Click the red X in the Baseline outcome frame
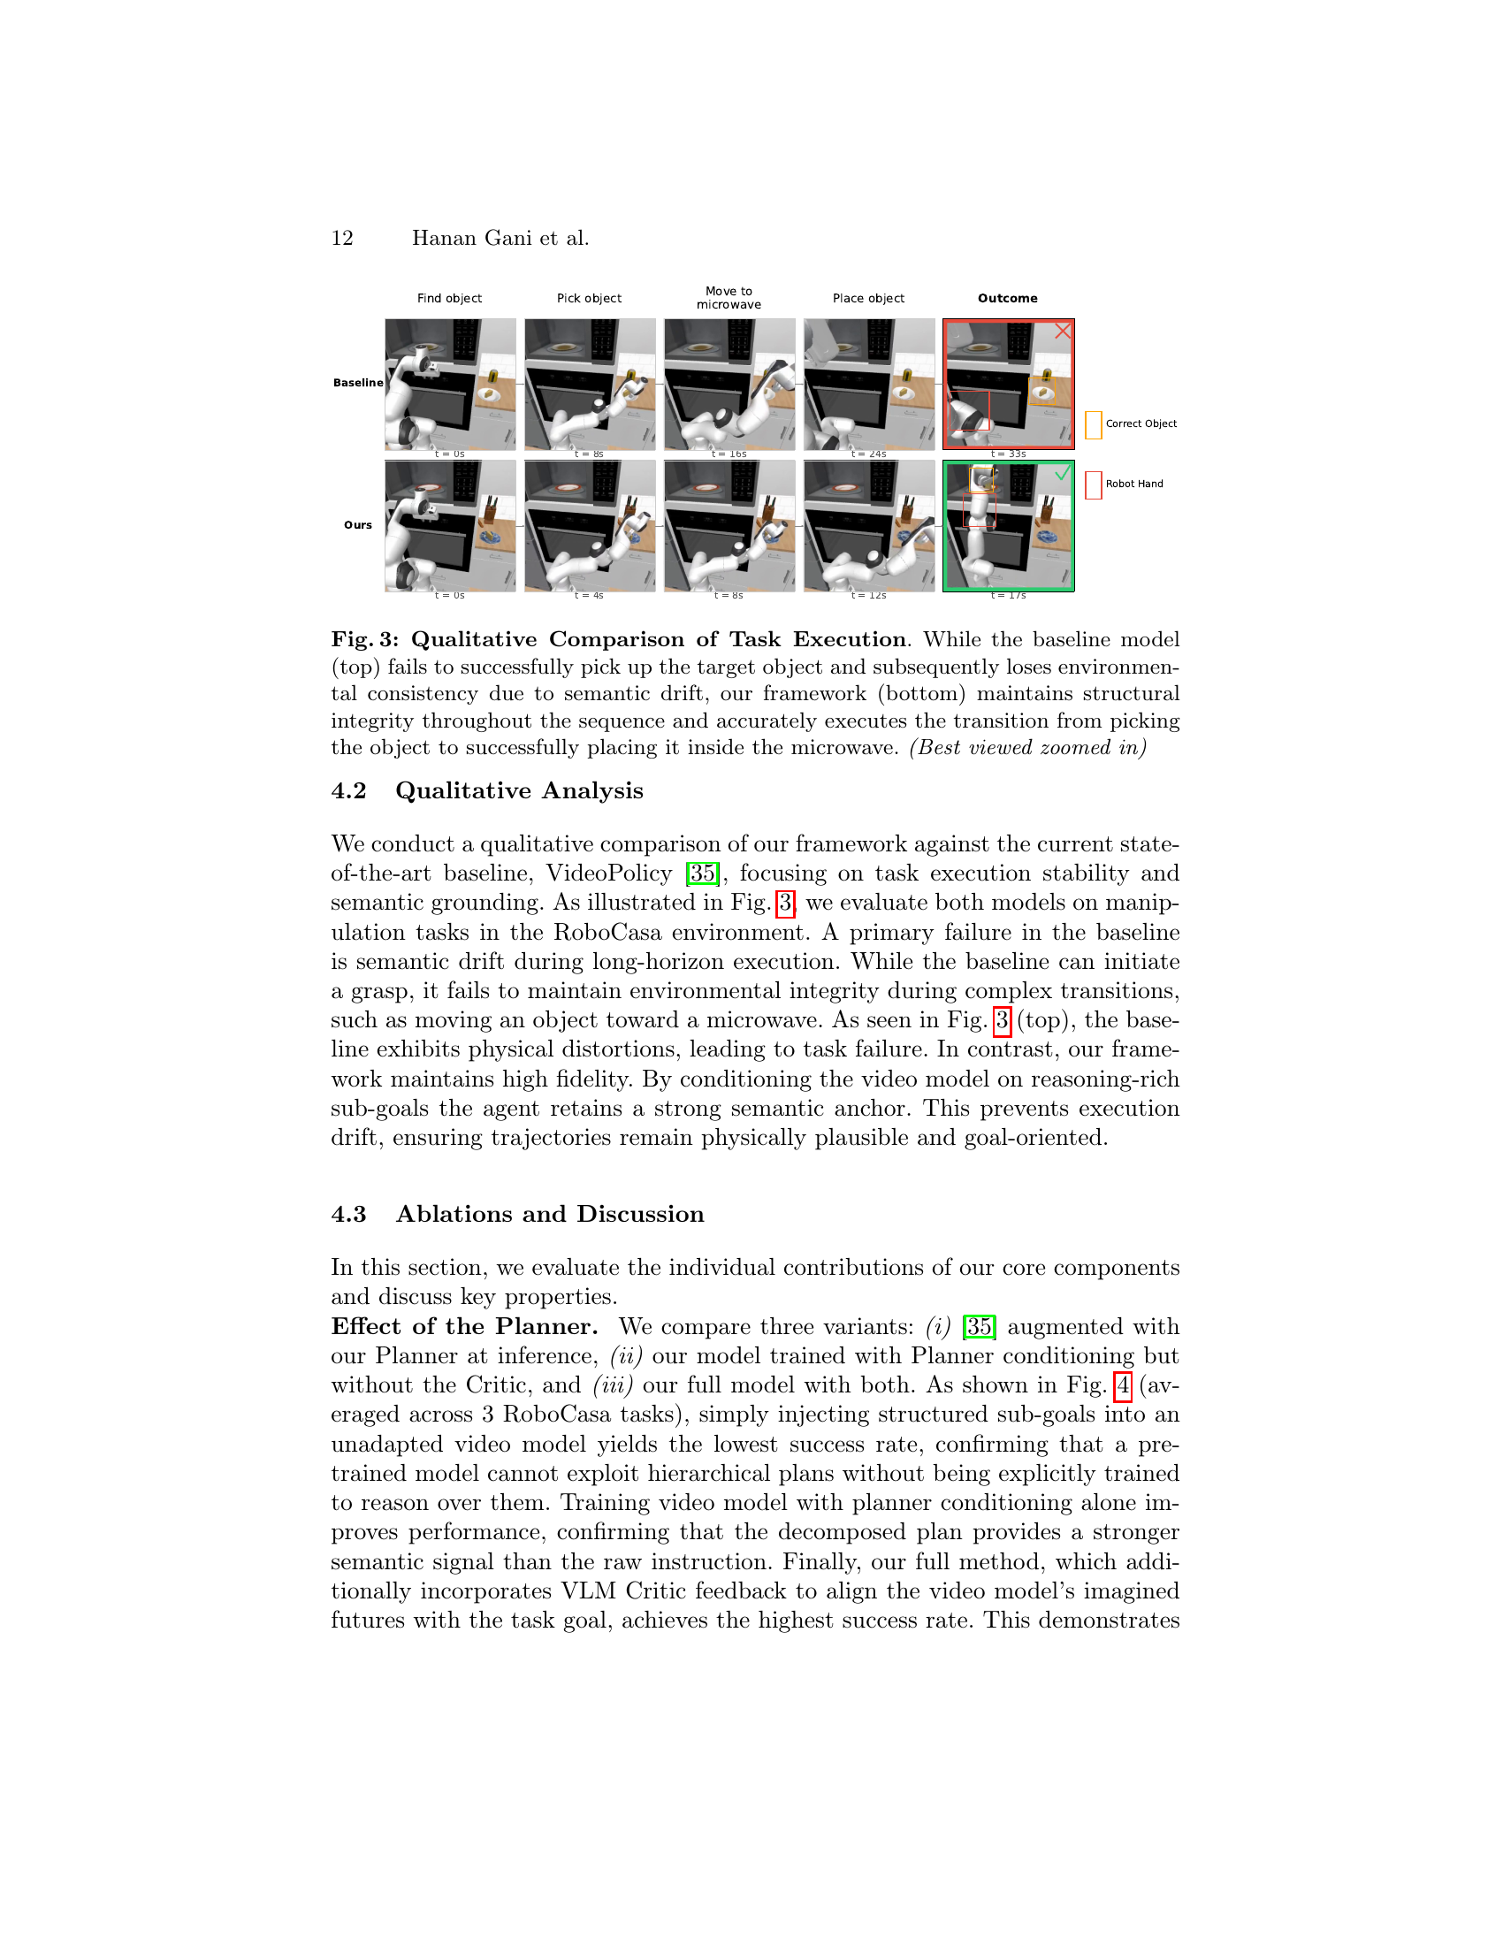[1062, 332]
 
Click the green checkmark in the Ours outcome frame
[1062, 474]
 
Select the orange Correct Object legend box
[1094, 424]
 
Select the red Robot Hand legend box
[1094, 485]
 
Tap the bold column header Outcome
[1007, 298]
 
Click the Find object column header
[450, 298]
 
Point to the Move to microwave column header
[729, 297]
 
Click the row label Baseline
[358, 383]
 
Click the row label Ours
[358, 525]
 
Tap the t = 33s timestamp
[1009, 454]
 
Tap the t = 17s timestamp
[1009, 596]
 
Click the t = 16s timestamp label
[729, 454]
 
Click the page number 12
[343, 239]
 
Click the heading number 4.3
[349, 1215]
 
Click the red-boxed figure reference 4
[1123, 1385]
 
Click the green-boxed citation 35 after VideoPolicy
[703, 873]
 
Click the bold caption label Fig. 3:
[365, 640]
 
